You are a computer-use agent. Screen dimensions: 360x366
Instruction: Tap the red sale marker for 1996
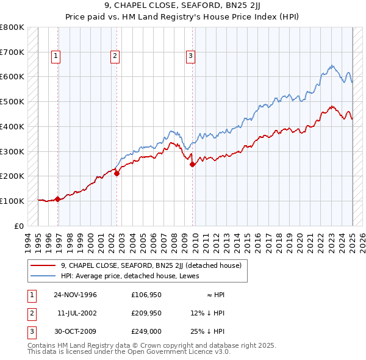[57, 199]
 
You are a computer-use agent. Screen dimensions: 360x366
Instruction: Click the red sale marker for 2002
[117, 173]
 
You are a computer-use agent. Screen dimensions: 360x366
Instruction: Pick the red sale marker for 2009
[193, 164]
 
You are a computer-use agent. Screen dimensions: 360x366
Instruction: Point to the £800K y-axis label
[12, 27]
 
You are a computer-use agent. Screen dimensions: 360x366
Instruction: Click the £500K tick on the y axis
[12, 102]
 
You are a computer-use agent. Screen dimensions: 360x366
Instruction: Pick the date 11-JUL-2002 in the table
[76, 313]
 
